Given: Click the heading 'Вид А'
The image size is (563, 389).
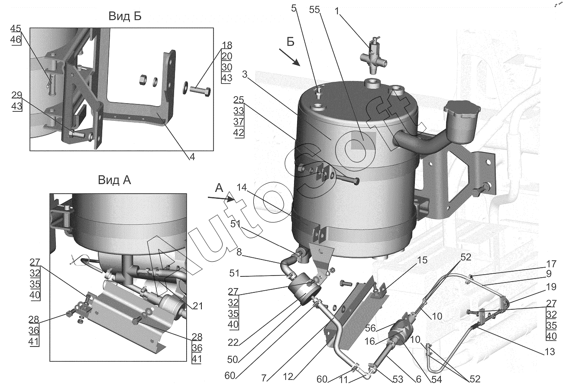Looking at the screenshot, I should (x=114, y=180).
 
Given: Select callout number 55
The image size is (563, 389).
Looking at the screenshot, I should (x=315, y=10).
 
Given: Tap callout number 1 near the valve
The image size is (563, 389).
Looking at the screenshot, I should (x=337, y=10).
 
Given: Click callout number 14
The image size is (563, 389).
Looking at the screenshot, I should (x=242, y=187).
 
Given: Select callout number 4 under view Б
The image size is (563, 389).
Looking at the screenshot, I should (x=191, y=158).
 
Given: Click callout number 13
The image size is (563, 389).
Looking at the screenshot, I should (x=549, y=352).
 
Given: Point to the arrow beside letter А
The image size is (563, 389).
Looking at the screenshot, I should (x=221, y=199).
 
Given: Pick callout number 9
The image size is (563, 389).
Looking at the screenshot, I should (x=548, y=273).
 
